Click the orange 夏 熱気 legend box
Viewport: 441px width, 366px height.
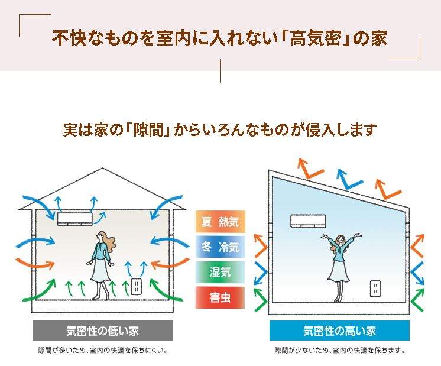[x=220, y=222]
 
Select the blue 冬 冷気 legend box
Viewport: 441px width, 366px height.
[x=220, y=247]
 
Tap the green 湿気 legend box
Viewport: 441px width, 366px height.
[x=220, y=272]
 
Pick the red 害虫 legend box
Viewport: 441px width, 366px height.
[x=220, y=297]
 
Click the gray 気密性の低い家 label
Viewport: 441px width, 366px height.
[x=102, y=331]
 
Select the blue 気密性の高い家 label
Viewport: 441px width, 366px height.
[x=339, y=331]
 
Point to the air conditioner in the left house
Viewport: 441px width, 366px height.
[x=75, y=219]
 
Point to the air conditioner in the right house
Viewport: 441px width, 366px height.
[x=308, y=221]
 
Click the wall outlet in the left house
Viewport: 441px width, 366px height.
[x=137, y=287]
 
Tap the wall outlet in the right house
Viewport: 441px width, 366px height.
[x=375, y=289]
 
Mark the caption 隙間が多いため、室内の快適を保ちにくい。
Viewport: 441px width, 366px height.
[x=103, y=351]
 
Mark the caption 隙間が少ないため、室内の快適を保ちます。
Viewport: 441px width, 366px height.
[x=340, y=351]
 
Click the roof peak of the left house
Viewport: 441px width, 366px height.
[x=102, y=169]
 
